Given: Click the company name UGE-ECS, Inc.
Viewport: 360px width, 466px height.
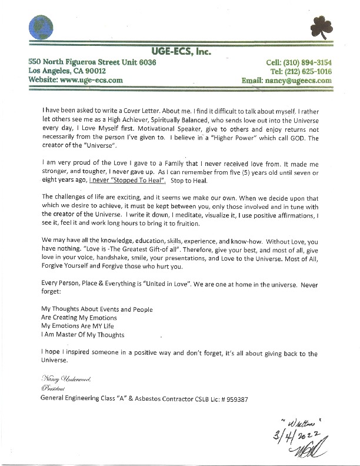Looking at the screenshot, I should (180, 52).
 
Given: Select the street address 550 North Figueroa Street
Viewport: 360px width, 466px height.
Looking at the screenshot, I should (82, 62).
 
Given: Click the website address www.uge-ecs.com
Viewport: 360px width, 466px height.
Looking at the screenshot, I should (94, 80).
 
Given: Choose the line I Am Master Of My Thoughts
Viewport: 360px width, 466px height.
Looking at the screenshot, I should (82, 335).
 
